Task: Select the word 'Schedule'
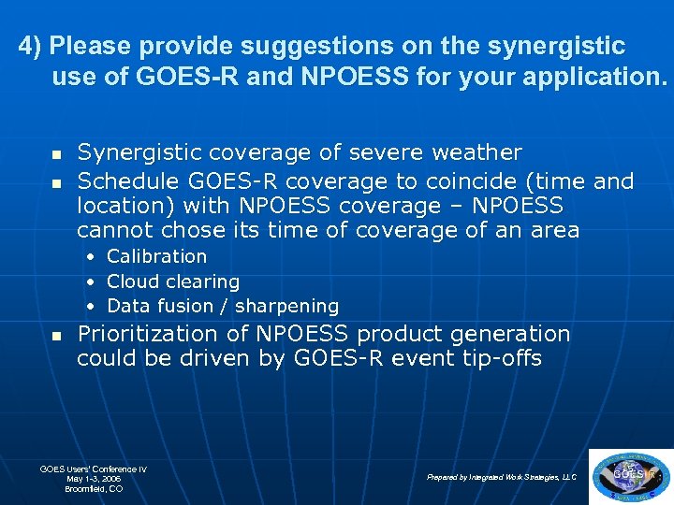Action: [x=129, y=180]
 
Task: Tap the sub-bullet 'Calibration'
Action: [x=156, y=256]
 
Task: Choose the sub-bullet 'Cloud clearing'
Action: [x=173, y=281]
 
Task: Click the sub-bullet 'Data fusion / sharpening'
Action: [x=223, y=306]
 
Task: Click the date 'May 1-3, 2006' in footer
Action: [x=94, y=478]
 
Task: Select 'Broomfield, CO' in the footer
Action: [x=94, y=488]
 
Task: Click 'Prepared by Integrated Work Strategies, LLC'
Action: [x=502, y=477]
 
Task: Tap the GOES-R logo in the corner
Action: [x=631, y=476]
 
